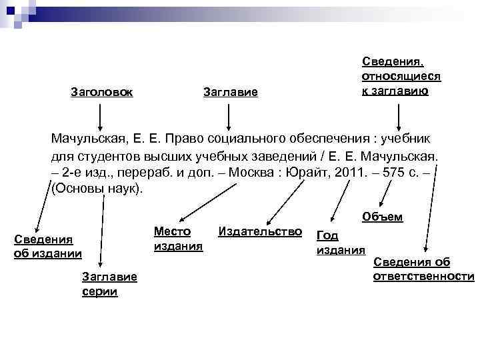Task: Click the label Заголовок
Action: pos(101,91)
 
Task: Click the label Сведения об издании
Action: pos(47,245)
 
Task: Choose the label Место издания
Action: pos(177,239)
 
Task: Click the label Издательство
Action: pos(260,231)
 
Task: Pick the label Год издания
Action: pos(340,242)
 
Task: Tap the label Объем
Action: pos(382,217)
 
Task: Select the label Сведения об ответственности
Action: pos(423,269)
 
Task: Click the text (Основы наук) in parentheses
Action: pos(97,189)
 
